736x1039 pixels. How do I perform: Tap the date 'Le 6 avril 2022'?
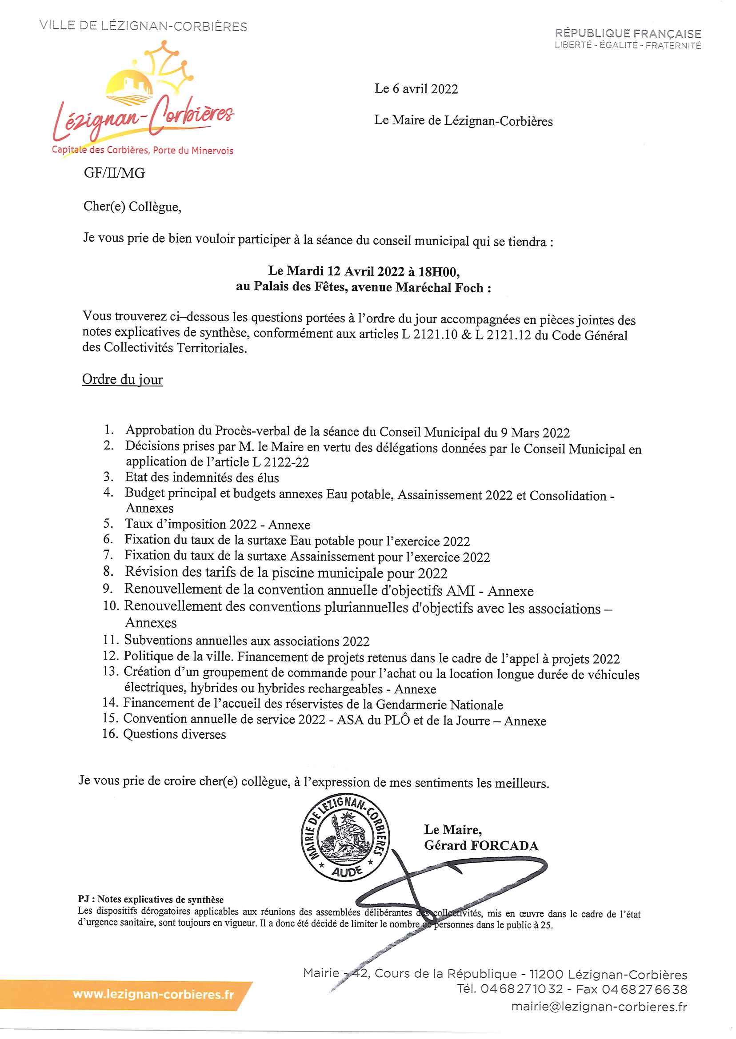coord(416,89)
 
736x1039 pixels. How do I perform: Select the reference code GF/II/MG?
coord(114,173)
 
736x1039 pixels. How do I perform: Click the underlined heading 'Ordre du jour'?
coord(122,379)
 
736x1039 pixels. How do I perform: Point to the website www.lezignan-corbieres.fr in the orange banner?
coord(153,994)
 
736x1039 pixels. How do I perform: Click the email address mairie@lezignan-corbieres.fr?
coord(599,1007)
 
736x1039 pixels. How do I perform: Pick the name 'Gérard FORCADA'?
coord(481,846)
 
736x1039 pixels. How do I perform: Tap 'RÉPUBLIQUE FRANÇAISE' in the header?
coord(628,33)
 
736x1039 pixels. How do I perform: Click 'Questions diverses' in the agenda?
coord(175,734)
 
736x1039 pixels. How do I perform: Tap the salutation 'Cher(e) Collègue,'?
coord(132,207)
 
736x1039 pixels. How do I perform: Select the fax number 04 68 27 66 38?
coord(644,990)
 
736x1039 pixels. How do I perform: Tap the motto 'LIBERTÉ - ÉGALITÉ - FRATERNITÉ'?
coord(628,45)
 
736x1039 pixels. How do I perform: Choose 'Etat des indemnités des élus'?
coord(202,478)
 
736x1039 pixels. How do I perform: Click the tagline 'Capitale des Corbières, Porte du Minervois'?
coord(142,150)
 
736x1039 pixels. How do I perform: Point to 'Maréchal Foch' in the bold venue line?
coord(438,287)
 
